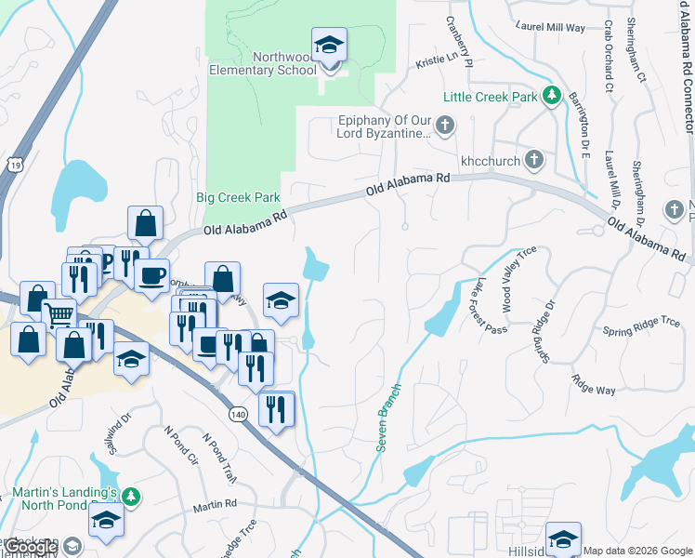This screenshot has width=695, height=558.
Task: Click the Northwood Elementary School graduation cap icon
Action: click(328, 45)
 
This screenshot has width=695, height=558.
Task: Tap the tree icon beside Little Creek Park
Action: click(552, 95)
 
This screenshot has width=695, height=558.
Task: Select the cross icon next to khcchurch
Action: click(533, 160)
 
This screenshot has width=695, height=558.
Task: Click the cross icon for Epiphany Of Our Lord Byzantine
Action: click(445, 125)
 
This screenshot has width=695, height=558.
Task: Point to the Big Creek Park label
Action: click(238, 198)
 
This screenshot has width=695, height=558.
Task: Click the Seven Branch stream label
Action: click(389, 418)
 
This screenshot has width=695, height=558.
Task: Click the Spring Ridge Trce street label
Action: click(641, 326)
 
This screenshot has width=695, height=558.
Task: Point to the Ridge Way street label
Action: click(594, 384)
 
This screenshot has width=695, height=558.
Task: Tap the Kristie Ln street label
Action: click(439, 60)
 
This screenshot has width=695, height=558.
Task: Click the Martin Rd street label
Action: click(215, 505)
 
